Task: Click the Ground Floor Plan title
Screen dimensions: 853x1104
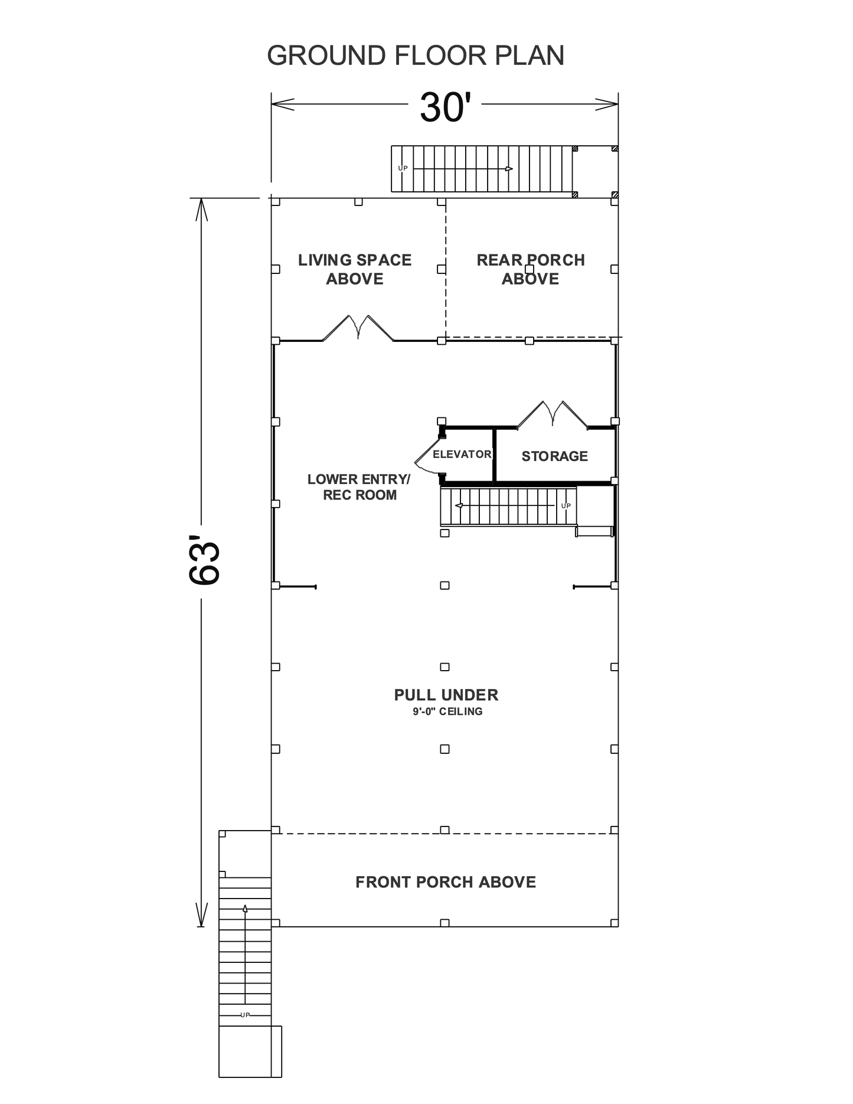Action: click(x=416, y=55)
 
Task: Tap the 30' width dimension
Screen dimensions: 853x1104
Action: click(x=445, y=107)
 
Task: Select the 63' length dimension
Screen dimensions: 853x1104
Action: click(x=205, y=560)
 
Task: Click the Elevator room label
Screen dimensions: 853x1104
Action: click(x=462, y=454)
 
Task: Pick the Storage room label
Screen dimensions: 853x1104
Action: click(x=554, y=456)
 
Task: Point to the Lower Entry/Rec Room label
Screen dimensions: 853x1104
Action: click(x=359, y=487)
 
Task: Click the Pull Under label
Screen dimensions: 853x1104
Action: click(x=446, y=695)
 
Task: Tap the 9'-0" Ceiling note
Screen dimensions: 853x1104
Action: click(x=447, y=711)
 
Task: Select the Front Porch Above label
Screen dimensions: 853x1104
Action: click(x=446, y=882)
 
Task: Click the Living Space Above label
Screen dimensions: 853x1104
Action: click(x=355, y=269)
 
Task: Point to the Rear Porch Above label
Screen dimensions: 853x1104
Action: click(x=531, y=269)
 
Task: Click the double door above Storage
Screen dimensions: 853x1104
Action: click(x=553, y=414)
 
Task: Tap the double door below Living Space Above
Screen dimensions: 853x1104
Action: click(x=358, y=328)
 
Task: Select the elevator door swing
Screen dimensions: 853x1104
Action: click(x=428, y=456)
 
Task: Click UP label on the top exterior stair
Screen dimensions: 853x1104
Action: click(x=403, y=168)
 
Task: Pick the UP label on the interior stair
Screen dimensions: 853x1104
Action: click(x=566, y=505)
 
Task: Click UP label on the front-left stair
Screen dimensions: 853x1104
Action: click(x=245, y=1015)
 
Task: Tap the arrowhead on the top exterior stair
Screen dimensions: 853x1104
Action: click(x=509, y=169)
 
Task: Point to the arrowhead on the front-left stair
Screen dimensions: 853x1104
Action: click(x=245, y=909)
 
